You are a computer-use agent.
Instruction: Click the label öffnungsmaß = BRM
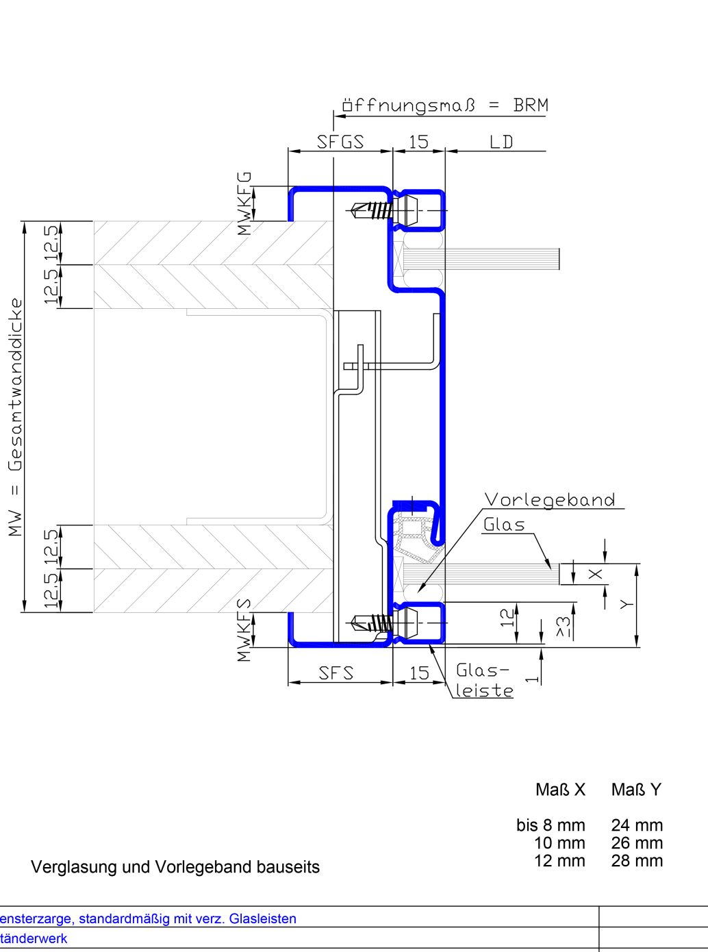click(x=445, y=105)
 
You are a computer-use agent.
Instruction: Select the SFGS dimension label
click(x=340, y=142)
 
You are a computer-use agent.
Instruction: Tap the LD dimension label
click(x=501, y=142)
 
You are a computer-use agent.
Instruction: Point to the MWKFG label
click(x=244, y=203)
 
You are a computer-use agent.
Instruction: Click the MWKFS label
click(x=244, y=629)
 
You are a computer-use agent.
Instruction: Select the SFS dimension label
click(x=336, y=673)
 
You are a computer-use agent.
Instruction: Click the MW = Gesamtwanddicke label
click(x=16, y=417)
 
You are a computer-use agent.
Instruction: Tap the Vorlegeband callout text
click(x=550, y=499)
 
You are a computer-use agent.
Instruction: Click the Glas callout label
click(x=504, y=525)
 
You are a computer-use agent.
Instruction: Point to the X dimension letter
click(x=595, y=574)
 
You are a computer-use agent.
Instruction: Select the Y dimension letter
click(x=627, y=604)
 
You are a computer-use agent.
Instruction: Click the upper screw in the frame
click(x=372, y=210)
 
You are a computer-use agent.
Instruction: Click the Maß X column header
click(x=560, y=790)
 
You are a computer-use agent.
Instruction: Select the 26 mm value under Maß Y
click(x=637, y=843)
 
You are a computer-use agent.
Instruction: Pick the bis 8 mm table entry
click(x=551, y=825)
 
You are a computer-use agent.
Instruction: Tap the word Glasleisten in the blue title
click(x=263, y=919)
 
